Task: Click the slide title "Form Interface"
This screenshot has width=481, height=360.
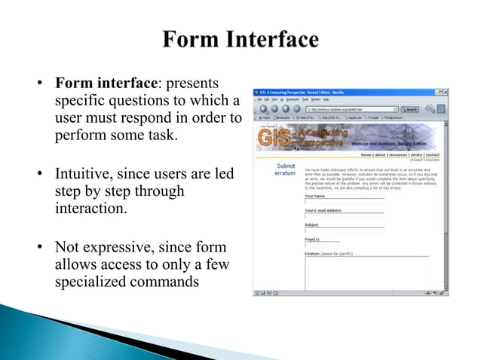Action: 240,39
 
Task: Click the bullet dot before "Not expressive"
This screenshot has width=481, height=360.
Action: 40,248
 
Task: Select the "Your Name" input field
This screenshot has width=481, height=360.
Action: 344,201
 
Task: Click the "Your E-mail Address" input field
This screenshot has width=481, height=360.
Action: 344,215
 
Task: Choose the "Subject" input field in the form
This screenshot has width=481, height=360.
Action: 344,228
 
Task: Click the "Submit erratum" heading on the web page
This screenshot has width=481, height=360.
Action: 285,169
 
